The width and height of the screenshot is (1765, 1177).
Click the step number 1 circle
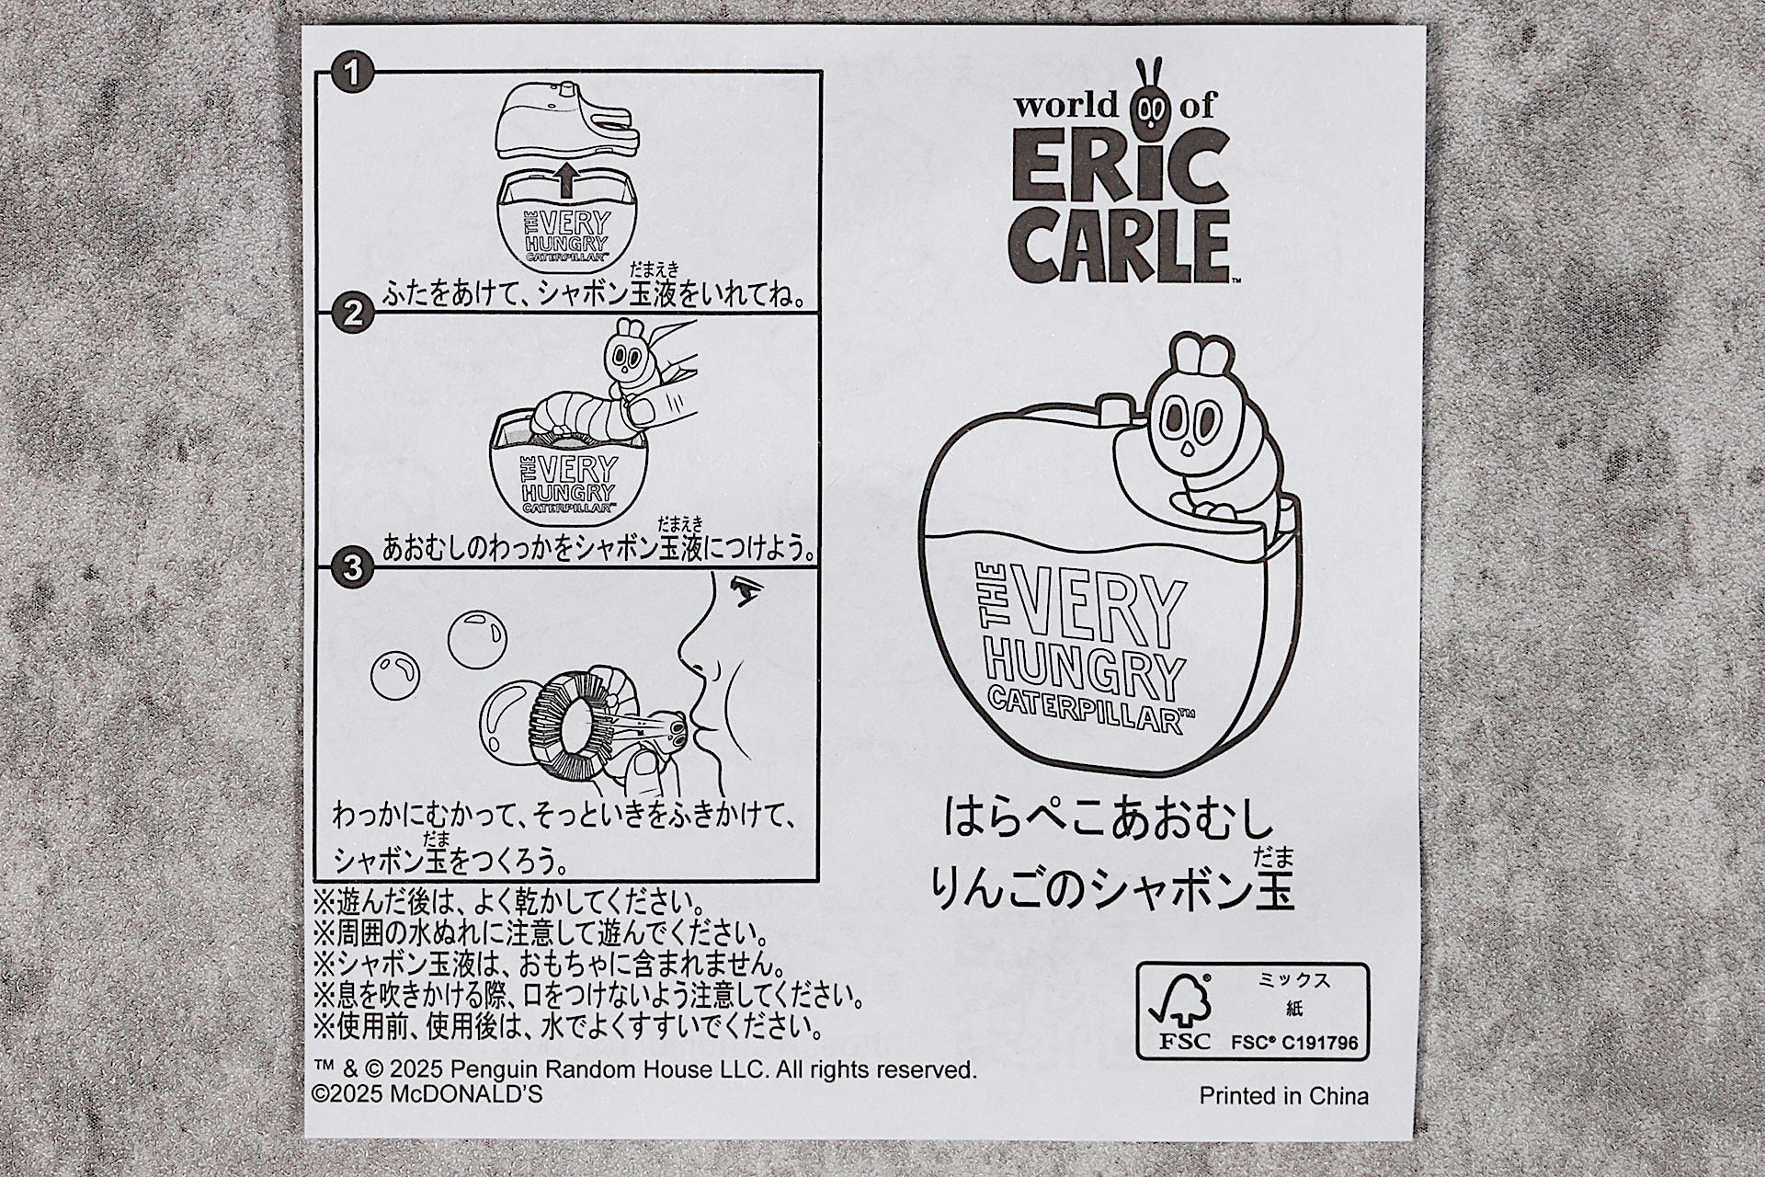(x=351, y=71)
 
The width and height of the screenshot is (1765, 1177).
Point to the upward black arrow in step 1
(x=566, y=179)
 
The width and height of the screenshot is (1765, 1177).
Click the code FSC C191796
(x=1294, y=1043)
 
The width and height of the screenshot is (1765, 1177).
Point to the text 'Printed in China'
(x=1283, y=1096)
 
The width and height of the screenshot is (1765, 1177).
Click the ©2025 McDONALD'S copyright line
(x=427, y=1094)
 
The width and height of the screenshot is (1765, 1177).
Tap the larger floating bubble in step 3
(x=476, y=637)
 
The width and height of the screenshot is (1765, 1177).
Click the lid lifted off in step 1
(x=567, y=120)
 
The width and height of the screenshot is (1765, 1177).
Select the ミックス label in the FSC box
(x=1294, y=980)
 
